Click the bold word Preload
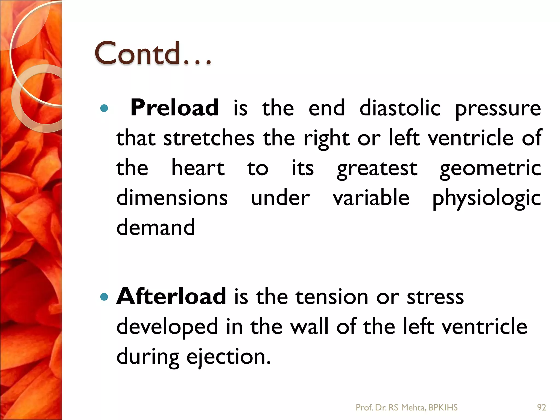pos(174,108)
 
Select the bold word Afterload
pos(171,296)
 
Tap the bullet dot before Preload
pos(104,109)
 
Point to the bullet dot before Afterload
pos(104,297)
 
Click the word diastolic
pos(400,108)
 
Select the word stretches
pos(209,138)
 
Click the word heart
pos(198,168)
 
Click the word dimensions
pos(172,197)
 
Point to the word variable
pos(371,197)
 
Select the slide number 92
pos(542,408)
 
